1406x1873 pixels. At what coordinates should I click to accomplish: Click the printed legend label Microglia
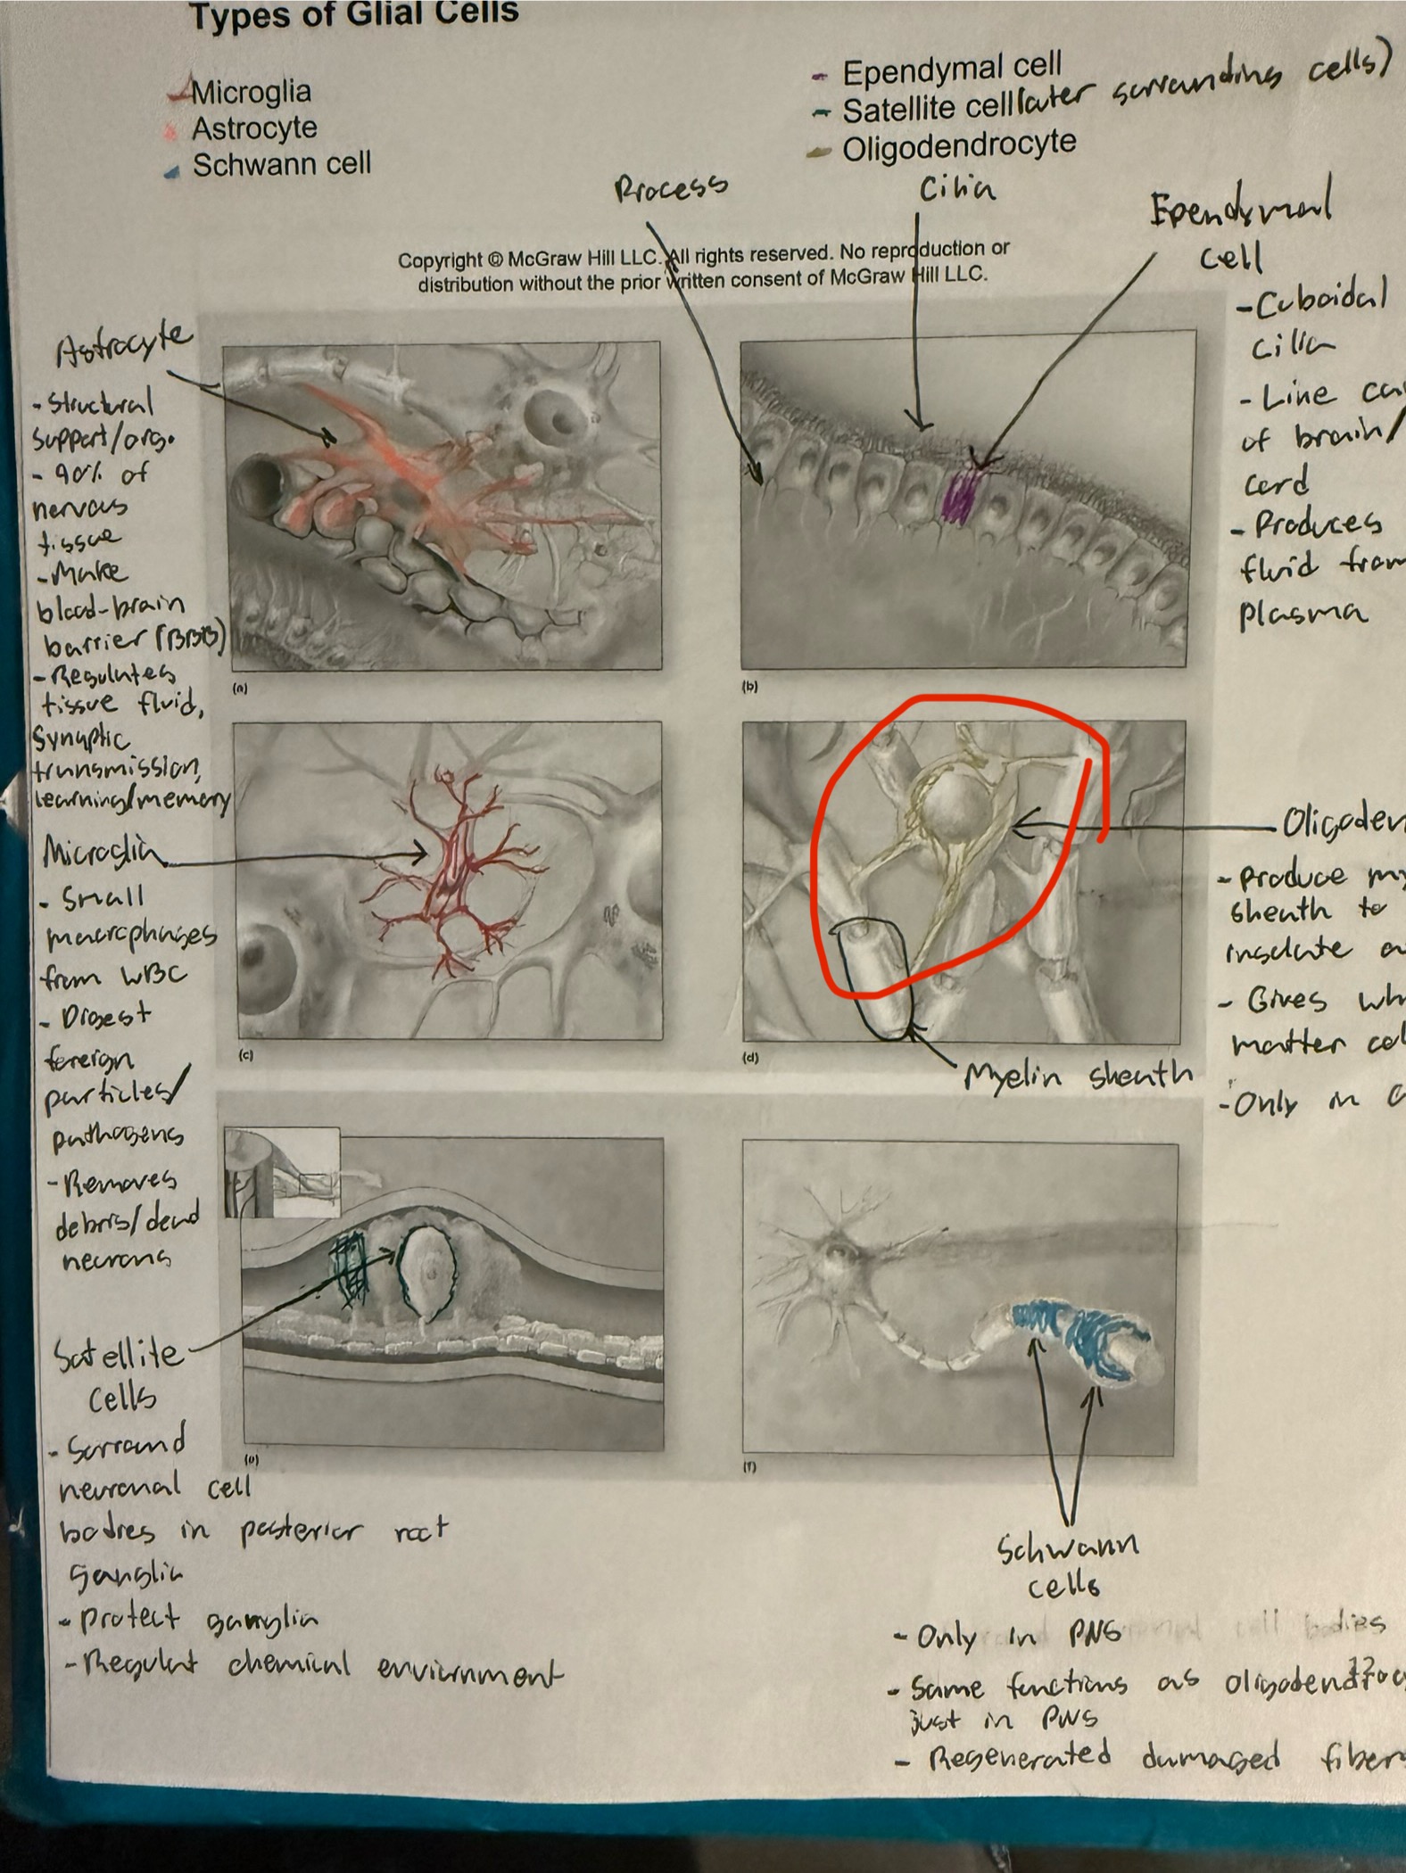[251, 92]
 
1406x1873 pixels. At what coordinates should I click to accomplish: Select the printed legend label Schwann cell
[281, 165]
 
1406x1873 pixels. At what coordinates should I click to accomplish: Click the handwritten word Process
[671, 187]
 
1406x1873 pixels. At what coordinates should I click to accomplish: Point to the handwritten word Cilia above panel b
[957, 189]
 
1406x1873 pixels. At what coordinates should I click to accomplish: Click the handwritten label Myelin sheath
[1078, 1077]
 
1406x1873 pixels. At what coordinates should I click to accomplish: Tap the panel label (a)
[240, 689]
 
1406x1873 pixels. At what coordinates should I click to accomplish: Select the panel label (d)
[750, 1059]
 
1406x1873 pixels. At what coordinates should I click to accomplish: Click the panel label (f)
[749, 1467]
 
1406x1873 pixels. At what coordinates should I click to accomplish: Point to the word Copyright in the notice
[439, 261]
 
